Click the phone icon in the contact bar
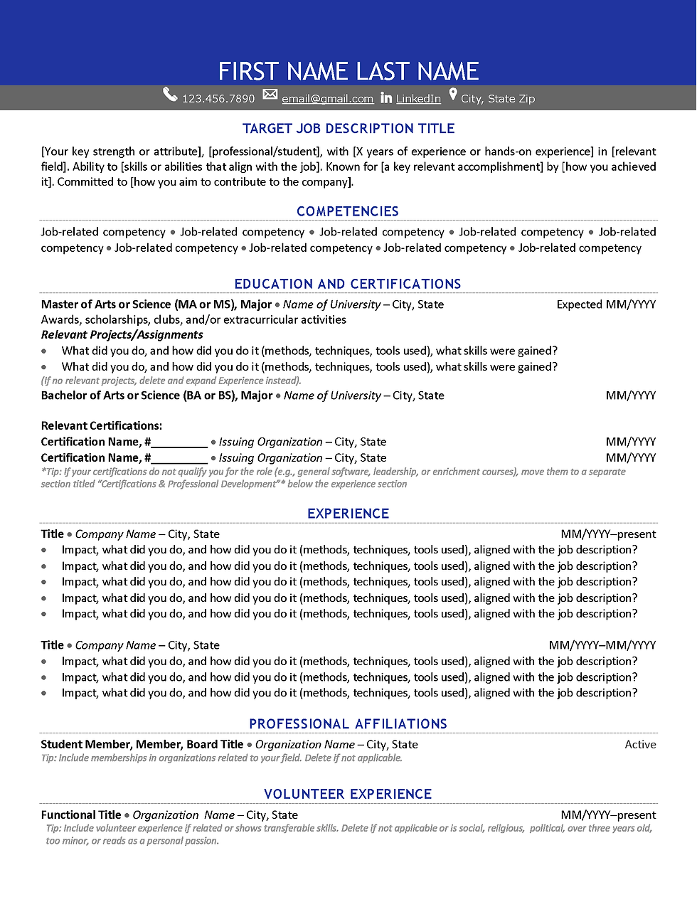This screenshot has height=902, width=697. click(x=170, y=95)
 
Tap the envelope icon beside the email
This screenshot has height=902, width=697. click(x=270, y=95)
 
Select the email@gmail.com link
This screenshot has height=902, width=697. click(x=327, y=99)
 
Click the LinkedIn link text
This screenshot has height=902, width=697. click(x=418, y=99)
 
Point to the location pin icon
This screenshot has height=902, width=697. click(x=453, y=95)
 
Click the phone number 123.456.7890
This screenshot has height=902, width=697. click(x=218, y=99)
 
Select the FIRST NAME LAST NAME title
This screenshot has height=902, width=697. click(x=348, y=71)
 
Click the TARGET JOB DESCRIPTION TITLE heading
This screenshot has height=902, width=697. click(x=348, y=129)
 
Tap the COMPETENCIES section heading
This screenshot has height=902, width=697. click(x=348, y=211)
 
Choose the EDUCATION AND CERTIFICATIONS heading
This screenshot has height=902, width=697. click(x=348, y=284)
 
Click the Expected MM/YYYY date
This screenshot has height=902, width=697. click(x=606, y=304)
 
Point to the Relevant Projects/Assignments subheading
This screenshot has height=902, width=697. click(x=122, y=335)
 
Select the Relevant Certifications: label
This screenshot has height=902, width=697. click(x=101, y=426)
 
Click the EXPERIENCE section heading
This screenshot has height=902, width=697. click(x=348, y=514)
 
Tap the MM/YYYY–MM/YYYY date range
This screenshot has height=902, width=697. click(x=602, y=645)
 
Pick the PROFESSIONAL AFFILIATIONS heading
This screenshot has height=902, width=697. click(x=348, y=724)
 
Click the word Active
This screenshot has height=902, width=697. click(x=640, y=745)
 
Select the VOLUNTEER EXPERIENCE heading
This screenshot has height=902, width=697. click(x=348, y=794)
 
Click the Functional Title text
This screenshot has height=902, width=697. click(x=81, y=815)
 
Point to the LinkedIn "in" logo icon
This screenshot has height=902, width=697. click(x=386, y=98)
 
